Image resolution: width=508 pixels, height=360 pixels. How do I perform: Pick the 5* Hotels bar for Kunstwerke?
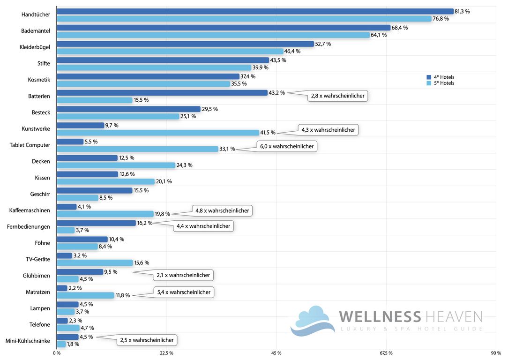pos(157,133)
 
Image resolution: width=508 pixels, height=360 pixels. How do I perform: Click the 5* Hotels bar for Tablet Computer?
pos(137,149)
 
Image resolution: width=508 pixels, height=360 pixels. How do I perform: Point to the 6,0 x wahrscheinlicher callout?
pos(287,146)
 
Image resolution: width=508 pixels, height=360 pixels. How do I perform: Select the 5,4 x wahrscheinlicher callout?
pos(184,292)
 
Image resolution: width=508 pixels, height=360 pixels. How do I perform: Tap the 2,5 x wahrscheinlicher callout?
pos(147,340)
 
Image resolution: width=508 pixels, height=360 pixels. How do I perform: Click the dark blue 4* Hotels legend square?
pos(428,77)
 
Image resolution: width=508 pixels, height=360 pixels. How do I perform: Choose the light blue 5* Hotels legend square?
pos(428,83)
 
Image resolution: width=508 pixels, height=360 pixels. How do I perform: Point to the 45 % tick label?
pos(276,353)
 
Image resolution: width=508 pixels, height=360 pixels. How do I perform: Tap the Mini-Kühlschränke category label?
pos(28,341)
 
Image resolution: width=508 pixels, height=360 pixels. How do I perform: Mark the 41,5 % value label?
pos(268,133)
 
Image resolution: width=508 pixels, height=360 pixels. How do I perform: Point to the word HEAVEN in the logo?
pos(453,316)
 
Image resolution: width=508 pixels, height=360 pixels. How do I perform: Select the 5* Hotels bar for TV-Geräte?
pos(95,263)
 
